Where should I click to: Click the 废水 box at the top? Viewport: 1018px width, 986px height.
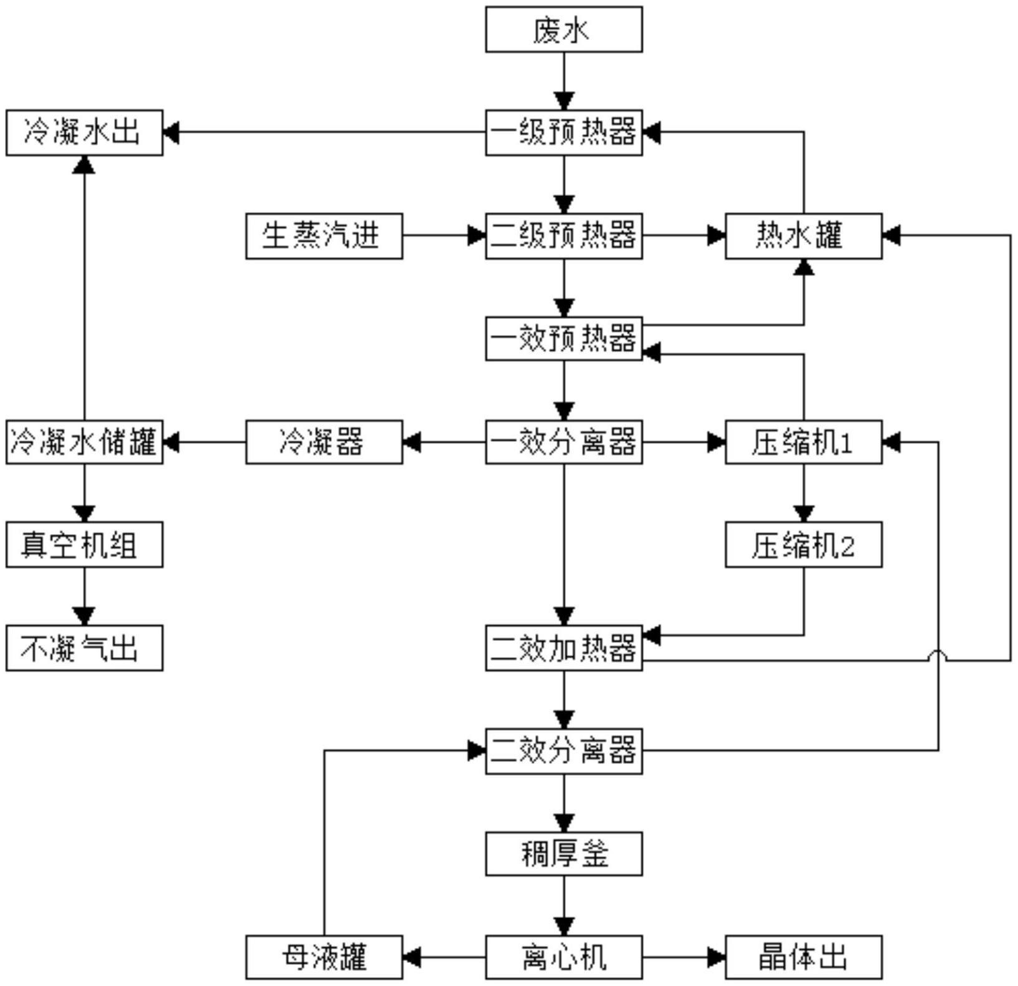564,29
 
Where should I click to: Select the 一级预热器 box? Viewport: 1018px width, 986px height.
564,132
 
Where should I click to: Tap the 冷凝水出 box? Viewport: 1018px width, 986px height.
84,132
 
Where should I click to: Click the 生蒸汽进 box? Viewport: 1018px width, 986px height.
324,236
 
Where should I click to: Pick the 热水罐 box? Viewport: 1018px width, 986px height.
803,236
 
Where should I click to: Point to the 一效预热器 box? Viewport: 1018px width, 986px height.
564,339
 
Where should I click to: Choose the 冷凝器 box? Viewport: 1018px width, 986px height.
324,442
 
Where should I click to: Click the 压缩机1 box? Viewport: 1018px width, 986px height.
803,442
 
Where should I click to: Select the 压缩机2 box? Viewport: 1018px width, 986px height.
803,545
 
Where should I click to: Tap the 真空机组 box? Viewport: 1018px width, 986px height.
84,545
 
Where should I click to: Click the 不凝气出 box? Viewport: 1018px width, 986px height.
84,648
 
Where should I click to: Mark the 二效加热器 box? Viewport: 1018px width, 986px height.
564,648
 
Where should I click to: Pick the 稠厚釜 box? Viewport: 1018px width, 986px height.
564,854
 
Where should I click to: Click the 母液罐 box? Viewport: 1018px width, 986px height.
324,957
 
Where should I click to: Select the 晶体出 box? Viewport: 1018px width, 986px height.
803,957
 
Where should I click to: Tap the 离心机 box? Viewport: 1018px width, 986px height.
564,957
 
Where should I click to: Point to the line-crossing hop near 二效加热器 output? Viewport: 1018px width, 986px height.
939,655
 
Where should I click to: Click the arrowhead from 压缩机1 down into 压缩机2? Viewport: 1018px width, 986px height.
803,514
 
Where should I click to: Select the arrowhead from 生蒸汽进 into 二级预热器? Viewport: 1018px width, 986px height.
477,236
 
